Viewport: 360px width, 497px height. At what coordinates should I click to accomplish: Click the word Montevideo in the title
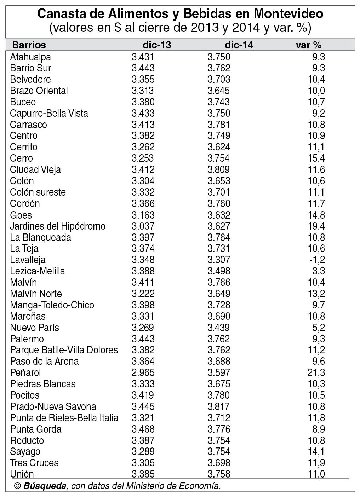pos(288,13)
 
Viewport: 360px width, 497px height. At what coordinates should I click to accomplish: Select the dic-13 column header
pos(157,45)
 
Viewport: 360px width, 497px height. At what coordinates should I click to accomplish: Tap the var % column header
pos(308,45)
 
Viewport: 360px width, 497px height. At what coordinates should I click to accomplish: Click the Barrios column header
pos(29,45)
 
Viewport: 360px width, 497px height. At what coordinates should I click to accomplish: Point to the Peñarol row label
pos(25,372)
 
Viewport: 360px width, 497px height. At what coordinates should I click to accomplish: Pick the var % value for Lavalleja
pos(317,260)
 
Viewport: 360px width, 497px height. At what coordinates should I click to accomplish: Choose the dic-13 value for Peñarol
pos(143,372)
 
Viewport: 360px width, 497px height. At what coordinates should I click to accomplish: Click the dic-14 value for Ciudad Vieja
pos(219,169)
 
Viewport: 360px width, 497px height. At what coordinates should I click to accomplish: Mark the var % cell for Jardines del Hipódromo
pos(316,226)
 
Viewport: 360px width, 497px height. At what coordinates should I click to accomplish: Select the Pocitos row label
pos(25,395)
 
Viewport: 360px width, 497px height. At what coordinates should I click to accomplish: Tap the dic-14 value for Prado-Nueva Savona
pos(219,406)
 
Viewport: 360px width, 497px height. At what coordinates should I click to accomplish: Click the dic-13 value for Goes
pos(143,215)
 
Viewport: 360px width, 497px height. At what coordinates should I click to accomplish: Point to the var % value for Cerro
pos(316,158)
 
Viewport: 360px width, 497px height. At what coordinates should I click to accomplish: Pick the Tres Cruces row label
pos(34,463)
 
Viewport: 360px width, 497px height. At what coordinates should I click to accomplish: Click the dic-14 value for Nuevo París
pos(219,328)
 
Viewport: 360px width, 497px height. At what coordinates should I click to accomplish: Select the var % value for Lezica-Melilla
pos(319,271)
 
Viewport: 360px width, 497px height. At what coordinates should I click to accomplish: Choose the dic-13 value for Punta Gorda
pos(143,429)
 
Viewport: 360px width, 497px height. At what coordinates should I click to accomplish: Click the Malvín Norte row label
pos(36,294)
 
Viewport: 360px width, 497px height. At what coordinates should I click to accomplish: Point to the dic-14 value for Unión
pos(219,474)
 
